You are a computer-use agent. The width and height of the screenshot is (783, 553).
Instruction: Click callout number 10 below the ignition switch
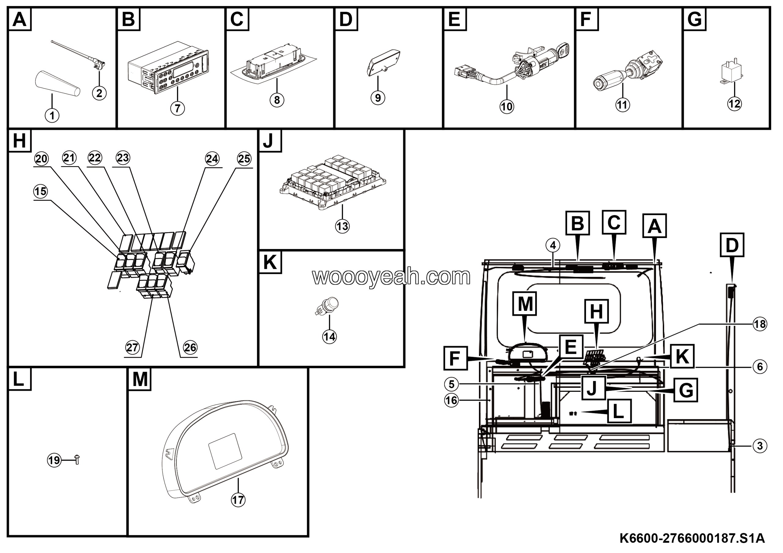click(x=507, y=107)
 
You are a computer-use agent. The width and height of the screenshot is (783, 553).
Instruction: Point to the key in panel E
click(x=563, y=50)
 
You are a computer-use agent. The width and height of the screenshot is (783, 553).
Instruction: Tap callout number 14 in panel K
click(x=329, y=337)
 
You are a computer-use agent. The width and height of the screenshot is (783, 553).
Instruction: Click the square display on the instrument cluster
click(x=225, y=451)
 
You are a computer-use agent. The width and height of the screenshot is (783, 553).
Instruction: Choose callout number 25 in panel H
click(x=244, y=159)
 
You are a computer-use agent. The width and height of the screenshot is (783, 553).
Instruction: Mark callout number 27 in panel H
click(x=132, y=347)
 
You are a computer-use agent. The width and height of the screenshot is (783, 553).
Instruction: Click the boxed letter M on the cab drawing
click(x=525, y=303)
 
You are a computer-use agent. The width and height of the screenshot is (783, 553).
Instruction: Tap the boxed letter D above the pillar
click(x=732, y=245)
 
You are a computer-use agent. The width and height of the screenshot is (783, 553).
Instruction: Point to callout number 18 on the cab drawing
click(x=760, y=324)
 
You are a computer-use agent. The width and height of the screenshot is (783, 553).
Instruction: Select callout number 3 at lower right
click(x=760, y=446)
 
